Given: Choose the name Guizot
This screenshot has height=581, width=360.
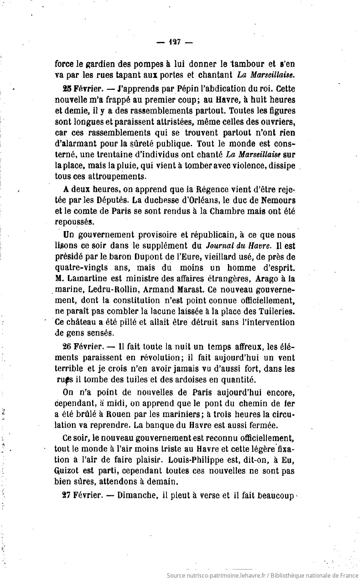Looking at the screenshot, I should coord(68,471).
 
